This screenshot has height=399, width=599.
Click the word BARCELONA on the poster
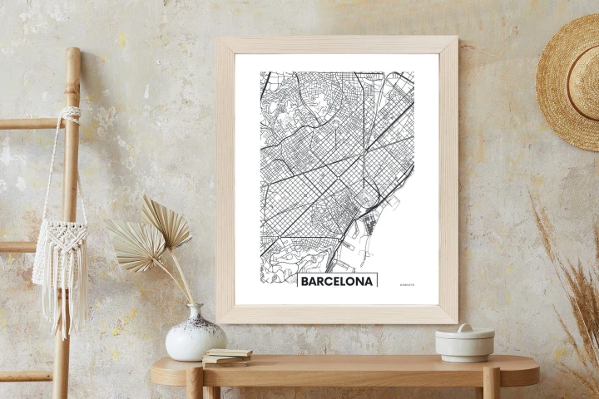[x=337, y=281]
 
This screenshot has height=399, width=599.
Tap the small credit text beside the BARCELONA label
[x=407, y=284]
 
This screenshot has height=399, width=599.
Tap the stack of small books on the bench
[x=226, y=357]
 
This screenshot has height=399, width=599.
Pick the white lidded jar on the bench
[x=464, y=342]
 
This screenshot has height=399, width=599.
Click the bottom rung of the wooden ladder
[x=25, y=376]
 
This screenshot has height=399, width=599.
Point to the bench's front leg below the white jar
[x=491, y=383]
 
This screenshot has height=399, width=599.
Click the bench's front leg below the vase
[x=195, y=383]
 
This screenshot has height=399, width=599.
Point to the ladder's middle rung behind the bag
[x=21, y=246]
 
